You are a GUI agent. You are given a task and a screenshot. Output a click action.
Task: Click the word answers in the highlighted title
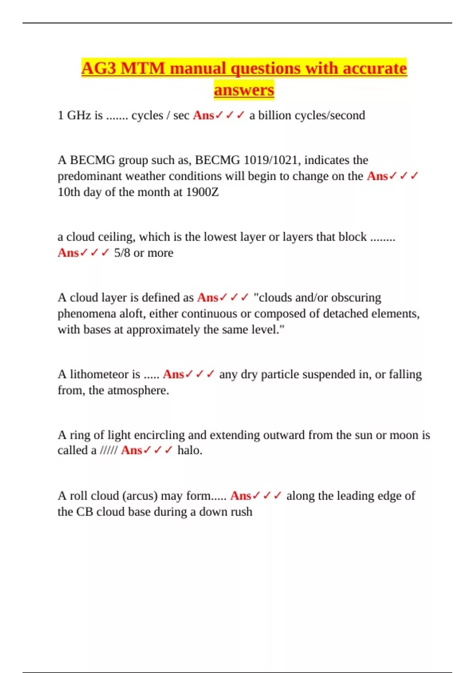coord(244,89)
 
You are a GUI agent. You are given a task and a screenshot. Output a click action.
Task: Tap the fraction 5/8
coord(122,253)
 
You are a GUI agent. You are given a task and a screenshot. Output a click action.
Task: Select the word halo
coord(190,450)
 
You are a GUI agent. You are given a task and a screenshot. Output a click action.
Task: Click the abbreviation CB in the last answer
coord(84,511)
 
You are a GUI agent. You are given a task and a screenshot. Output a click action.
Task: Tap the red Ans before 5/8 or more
coord(68,253)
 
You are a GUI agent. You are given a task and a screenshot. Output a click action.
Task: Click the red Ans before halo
coord(131,450)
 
